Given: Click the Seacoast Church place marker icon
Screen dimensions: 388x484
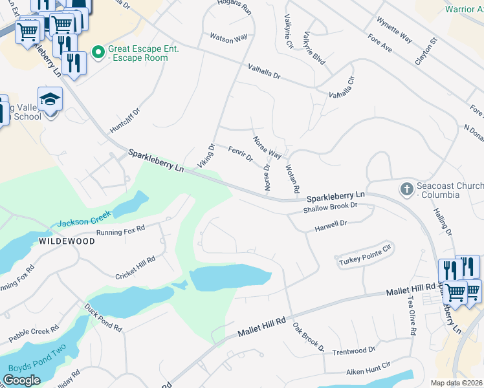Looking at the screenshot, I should (x=406, y=189).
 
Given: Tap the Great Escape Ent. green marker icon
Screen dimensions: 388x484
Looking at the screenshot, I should (x=98, y=51).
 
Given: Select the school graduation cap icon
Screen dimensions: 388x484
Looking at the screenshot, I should (x=50, y=99).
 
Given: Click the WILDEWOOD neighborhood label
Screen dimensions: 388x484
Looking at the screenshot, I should (x=67, y=241).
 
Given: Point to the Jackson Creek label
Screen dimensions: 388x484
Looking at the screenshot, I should (x=83, y=219).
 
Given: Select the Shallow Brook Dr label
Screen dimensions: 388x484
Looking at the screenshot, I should (x=331, y=208).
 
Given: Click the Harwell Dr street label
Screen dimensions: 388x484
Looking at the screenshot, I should (x=331, y=225).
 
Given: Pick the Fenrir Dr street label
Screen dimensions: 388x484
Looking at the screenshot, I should (x=240, y=154).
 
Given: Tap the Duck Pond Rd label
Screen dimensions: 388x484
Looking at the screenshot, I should (x=103, y=317).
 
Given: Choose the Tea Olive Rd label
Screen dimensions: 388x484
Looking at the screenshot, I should (x=412, y=316).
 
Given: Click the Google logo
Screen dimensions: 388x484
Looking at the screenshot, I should (x=22, y=380).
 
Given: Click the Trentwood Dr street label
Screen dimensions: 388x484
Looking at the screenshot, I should (x=353, y=351).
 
